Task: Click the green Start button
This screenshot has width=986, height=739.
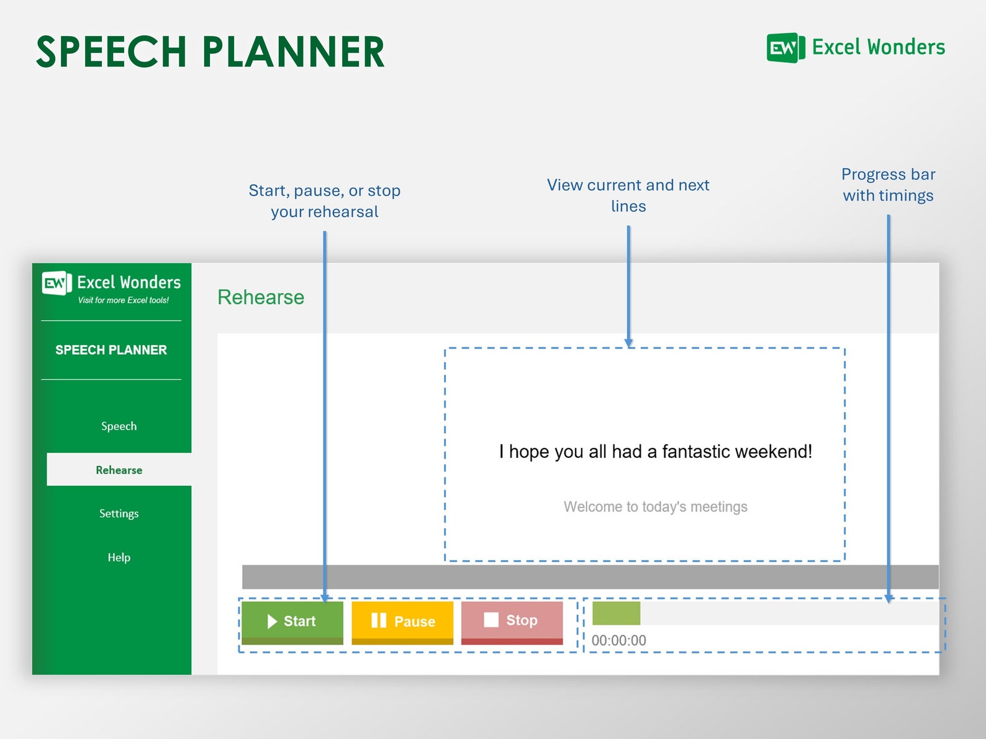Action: click(292, 622)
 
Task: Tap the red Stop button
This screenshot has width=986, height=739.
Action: click(512, 621)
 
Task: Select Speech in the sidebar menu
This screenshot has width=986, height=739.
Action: click(119, 426)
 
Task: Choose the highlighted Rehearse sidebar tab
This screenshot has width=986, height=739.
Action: click(119, 470)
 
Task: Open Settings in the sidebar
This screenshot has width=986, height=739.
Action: click(119, 513)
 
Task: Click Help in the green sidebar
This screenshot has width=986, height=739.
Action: click(119, 557)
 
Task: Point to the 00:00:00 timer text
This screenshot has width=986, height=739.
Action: click(618, 640)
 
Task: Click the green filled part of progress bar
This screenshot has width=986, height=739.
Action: click(615, 613)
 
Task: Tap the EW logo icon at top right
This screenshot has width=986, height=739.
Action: click(785, 48)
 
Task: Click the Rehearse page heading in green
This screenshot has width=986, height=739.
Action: click(260, 297)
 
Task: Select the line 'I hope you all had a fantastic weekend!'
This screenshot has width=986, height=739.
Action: click(655, 451)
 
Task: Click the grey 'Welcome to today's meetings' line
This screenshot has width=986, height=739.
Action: click(655, 507)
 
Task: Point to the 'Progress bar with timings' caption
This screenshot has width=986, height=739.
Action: click(888, 185)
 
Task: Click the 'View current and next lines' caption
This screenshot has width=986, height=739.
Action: click(628, 195)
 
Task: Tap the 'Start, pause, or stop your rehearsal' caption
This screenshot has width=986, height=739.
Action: click(324, 201)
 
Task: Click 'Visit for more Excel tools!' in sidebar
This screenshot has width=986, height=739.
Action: click(123, 300)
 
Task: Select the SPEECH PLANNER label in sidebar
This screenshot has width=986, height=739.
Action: click(111, 350)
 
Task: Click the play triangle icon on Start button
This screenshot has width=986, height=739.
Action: click(271, 622)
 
